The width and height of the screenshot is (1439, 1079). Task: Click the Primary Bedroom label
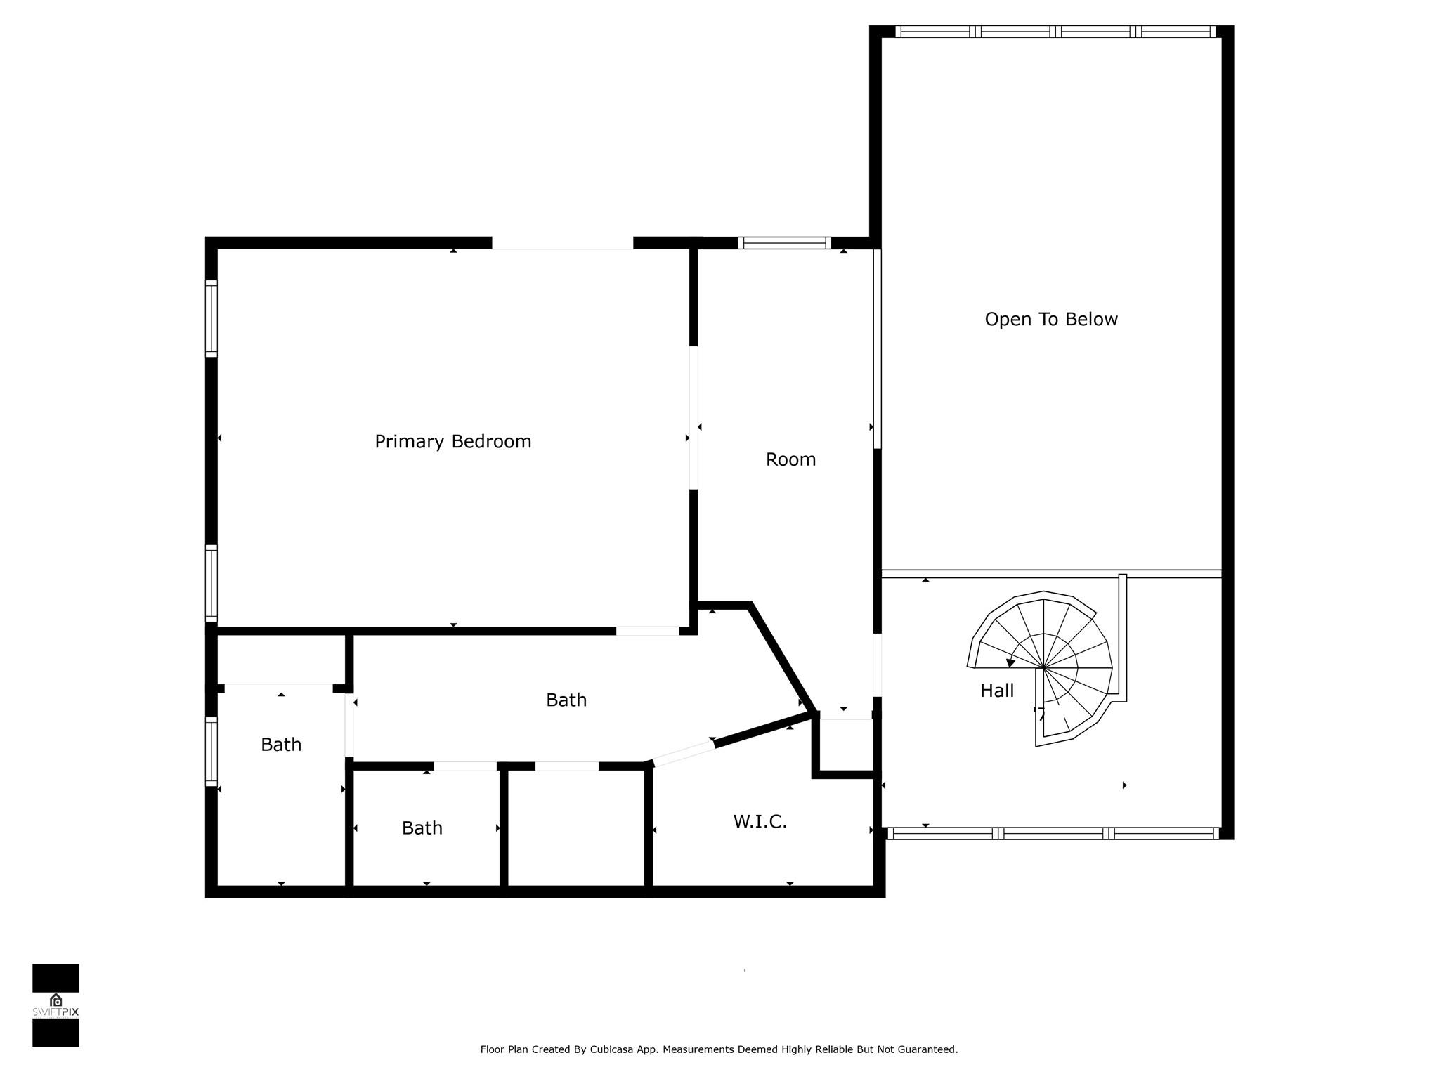(452, 442)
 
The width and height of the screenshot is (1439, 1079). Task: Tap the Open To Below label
(1051, 320)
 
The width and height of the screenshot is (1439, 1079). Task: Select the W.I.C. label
(760, 821)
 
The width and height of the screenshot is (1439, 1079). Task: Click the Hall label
(997, 691)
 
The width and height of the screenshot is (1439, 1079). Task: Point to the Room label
(790, 459)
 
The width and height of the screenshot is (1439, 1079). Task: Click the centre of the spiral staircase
(1044, 667)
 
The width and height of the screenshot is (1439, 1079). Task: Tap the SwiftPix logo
(56, 1005)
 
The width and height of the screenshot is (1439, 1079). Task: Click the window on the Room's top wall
(784, 243)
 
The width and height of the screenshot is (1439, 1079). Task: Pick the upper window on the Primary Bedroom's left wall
(211, 318)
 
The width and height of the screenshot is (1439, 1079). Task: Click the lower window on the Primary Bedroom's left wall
(211, 583)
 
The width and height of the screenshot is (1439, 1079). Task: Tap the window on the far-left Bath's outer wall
(211, 750)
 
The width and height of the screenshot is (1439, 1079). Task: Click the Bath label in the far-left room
(281, 745)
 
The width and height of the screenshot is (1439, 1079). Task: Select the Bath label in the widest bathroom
(566, 700)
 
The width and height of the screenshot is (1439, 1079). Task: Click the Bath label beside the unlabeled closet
(422, 828)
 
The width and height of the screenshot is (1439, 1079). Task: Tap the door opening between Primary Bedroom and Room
(694, 418)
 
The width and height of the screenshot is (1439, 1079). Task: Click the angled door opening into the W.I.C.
(684, 753)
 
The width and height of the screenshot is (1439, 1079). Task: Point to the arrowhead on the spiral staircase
(1011, 662)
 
